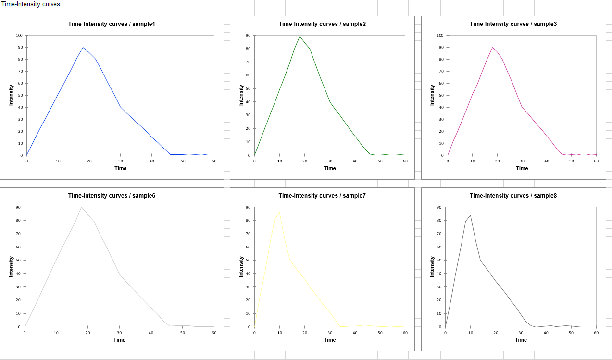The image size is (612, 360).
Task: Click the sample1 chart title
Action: (x=112, y=24)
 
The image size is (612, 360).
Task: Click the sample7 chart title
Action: (x=322, y=196)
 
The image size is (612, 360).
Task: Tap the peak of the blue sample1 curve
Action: (x=83, y=47)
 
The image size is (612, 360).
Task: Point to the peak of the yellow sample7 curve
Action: (x=279, y=212)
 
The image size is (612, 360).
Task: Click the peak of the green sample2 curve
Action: (x=300, y=36)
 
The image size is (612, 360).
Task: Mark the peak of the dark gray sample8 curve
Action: (x=470, y=215)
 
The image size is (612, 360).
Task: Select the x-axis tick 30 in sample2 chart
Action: (x=330, y=161)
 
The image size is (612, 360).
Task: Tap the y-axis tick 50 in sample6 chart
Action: (x=18, y=260)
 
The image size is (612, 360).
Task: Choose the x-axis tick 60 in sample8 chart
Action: (x=596, y=333)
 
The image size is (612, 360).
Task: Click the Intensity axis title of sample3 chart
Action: (x=432, y=95)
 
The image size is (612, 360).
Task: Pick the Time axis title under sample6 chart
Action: (x=119, y=340)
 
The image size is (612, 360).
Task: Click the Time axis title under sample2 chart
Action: (x=330, y=168)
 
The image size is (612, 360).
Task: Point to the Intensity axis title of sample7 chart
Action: (x=241, y=266)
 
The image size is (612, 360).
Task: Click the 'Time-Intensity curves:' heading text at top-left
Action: (x=32, y=4)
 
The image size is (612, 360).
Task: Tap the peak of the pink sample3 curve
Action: (x=492, y=47)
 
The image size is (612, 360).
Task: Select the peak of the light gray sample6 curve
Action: (x=81, y=207)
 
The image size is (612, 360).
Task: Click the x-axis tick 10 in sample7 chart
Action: (x=279, y=333)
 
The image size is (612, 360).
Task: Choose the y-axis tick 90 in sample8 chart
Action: (x=438, y=207)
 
